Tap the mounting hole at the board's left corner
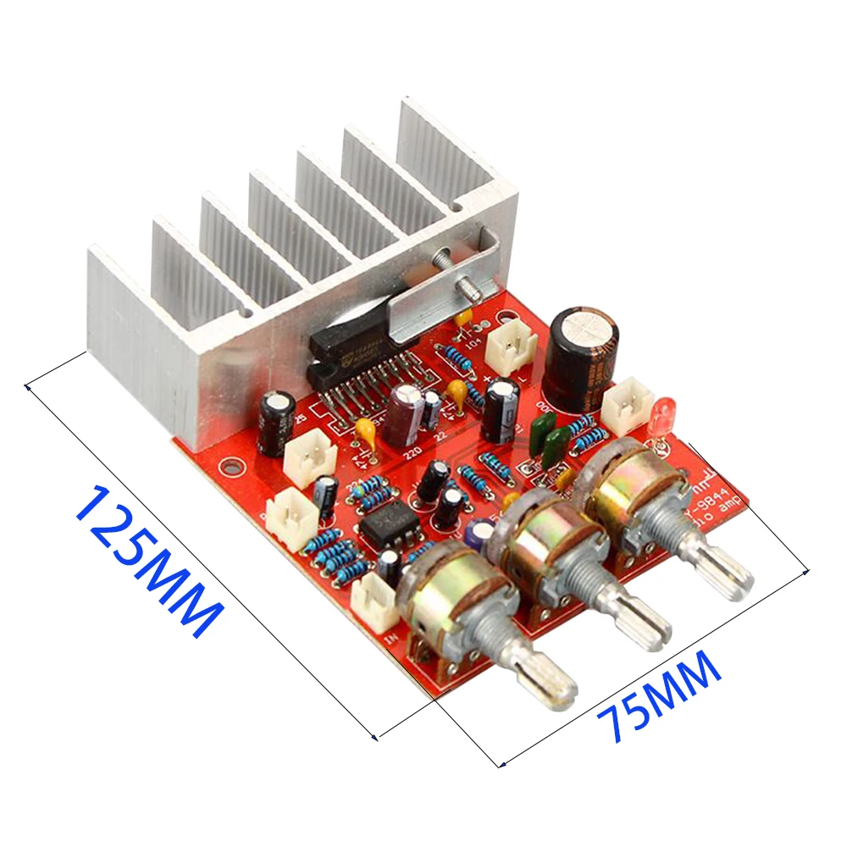227,465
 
